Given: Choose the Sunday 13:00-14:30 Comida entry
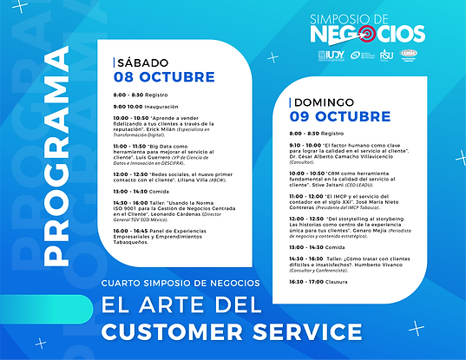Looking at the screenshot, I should pyautogui.click(x=318, y=247).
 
